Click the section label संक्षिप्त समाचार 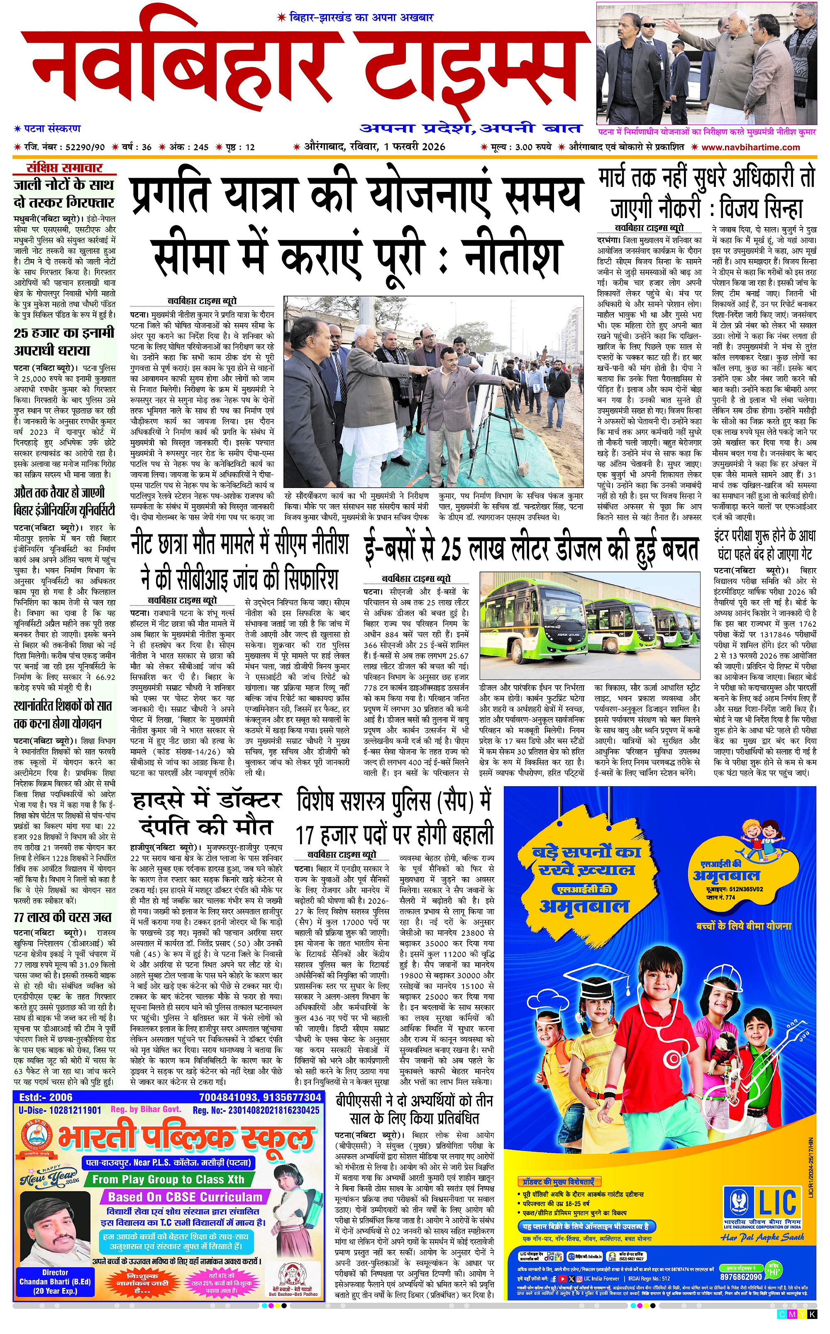pyautogui.click(x=65, y=168)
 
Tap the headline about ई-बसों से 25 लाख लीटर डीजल pyautogui.click(x=531, y=548)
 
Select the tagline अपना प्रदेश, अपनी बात pyautogui.click(x=471, y=128)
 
